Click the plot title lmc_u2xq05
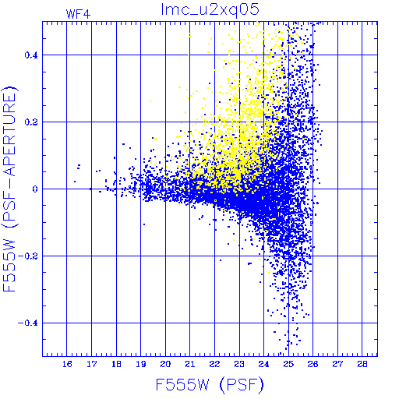pyautogui.click(x=210, y=10)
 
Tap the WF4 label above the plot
pyautogui.click(x=78, y=14)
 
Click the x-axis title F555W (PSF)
pyautogui.click(x=210, y=385)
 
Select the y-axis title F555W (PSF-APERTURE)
pyautogui.click(x=9, y=189)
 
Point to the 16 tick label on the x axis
pyautogui.click(x=67, y=364)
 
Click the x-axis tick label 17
pyautogui.click(x=92, y=364)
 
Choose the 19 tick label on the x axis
pyautogui.click(x=141, y=364)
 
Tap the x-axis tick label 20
pyautogui.click(x=165, y=364)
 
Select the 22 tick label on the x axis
pyautogui.click(x=214, y=364)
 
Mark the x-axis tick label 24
pyautogui.click(x=263, y=364)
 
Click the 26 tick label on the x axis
pyautogui.click(x=312, y=364)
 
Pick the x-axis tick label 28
pyautogui.click(x=362, y=364)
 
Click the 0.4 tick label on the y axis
pyautogui.click(x=31, y=55)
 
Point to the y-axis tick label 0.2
pyautogui.click(x=31, y=122)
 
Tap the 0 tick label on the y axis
pyautogui.click(x=35, y=189)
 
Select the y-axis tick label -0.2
pyautogui.click(x=28, y=256)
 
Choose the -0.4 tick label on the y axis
pyautogui.click(x=28, y=323)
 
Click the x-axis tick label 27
pyautogui.click(x=337, y=364)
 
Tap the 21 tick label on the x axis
pyautogui.click(x=190, y=364)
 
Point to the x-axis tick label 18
pyautogui.click(x=116, y=364)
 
